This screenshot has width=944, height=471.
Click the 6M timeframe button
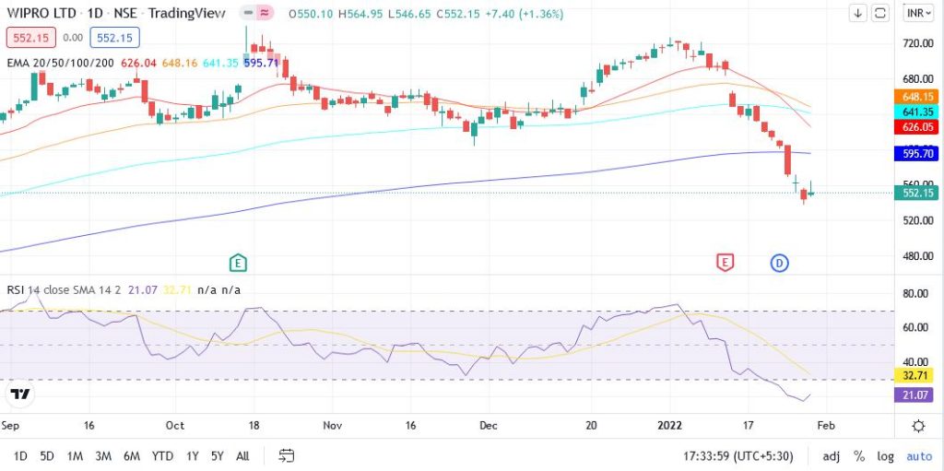click(132, 455)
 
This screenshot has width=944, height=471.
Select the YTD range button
click(163, 455)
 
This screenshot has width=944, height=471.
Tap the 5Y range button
click(217, 455)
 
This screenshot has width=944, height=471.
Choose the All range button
click(242, 455)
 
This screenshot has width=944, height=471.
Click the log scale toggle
click(886, 455)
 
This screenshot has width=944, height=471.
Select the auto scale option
click(918, 455)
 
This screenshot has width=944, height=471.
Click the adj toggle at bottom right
click(831, 455)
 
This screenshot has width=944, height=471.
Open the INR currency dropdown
click(918, 13)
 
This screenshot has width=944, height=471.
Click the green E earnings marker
click(238, 263)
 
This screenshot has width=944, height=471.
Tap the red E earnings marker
click(726, 263)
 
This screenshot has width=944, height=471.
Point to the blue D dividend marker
click(779, 263)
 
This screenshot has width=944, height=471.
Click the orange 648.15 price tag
click(918, 97)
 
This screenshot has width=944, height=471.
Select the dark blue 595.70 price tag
click(918, 155)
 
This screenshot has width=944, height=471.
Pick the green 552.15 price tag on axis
click(918, 193)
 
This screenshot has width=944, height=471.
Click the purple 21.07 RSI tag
click(918, 394)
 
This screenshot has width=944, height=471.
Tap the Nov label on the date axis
click(333, 426)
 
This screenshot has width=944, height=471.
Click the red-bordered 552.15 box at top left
click(30, 38)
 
